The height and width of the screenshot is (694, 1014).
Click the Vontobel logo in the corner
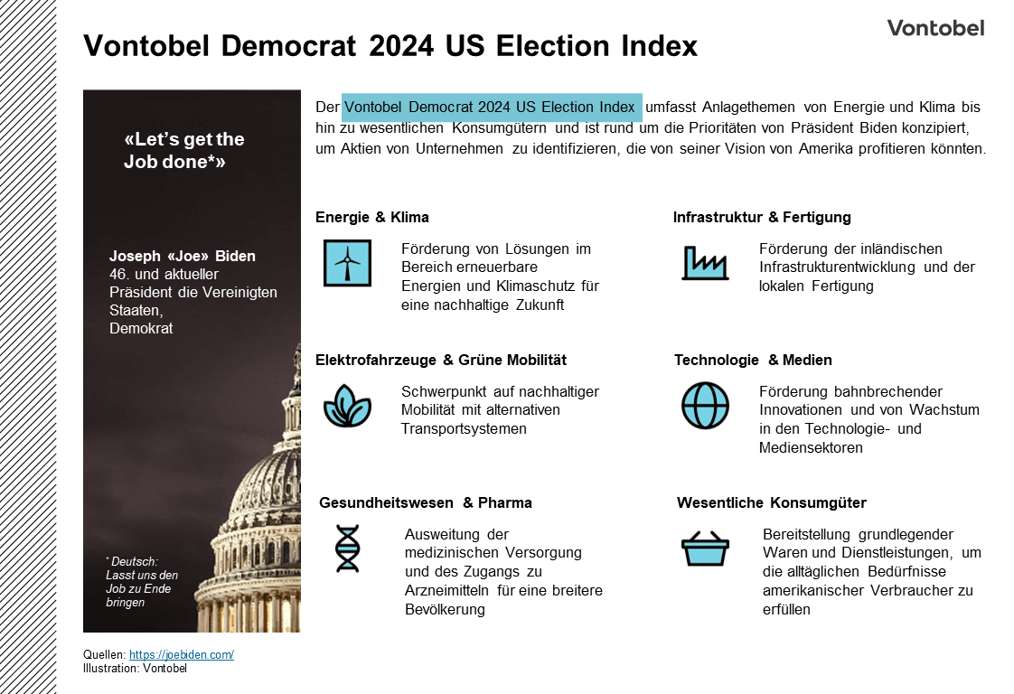[x=935, y=27]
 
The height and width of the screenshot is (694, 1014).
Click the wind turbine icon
[x=347, y=263]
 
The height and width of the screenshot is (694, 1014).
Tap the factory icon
[x=704, y=263]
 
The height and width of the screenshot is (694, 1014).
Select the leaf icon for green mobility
[x=347, y=406]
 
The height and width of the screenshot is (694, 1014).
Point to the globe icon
[x=705, y=406]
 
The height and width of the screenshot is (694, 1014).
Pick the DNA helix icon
[x=347, y=549]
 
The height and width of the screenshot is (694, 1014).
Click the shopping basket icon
[x=705, y=549]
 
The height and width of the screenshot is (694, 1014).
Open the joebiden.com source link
[x=181, y=654]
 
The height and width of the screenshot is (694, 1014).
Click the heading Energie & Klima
[x=372, y=217]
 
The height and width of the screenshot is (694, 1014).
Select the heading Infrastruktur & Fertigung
[x=762, y=217]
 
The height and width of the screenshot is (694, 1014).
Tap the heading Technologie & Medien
[x=753, y=360]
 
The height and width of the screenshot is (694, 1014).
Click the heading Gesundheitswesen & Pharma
[x=426, y=502]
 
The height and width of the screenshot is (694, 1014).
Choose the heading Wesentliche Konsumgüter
[x=772, y=502]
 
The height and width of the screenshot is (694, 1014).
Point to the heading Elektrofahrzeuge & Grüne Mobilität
[x=441, y=360]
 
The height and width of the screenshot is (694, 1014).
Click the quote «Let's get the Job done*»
[x=183, y=151]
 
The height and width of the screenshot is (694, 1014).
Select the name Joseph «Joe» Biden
[x=183, y=256]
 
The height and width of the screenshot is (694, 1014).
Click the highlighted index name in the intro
[x=491, y=108]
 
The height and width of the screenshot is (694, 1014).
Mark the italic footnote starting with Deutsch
[x=143, y=582]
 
